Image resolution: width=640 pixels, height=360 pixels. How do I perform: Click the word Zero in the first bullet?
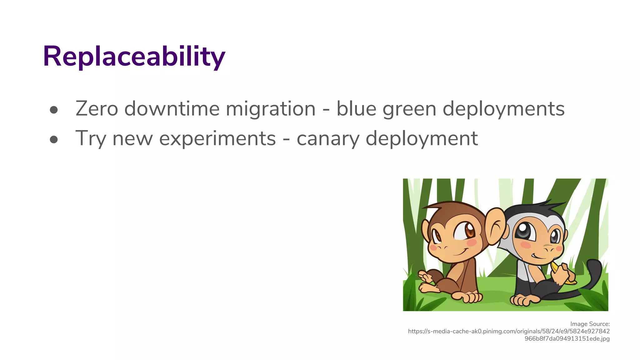click(x=97, y=109)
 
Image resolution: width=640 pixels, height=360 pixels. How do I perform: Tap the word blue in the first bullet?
click(x=356, y=109)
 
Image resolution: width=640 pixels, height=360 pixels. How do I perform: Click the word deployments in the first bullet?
click(x=503, y=109)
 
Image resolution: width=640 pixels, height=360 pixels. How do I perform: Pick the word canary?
click(x=328, y=139)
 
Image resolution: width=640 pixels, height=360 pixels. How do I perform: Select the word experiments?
click(x=217, y=139)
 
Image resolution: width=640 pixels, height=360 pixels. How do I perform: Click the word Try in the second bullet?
click(x=91, y=139)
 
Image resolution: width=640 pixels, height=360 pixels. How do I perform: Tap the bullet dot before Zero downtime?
click(x=54, y=110)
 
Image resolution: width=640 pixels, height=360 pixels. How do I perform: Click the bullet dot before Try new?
click(x=54, y=139)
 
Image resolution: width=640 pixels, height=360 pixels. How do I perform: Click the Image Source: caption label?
click(x=590, y=324)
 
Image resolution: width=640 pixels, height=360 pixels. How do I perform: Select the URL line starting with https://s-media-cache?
click(x=509, y=331)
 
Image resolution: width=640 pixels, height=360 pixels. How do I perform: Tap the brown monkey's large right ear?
click(x=494, y=226)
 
